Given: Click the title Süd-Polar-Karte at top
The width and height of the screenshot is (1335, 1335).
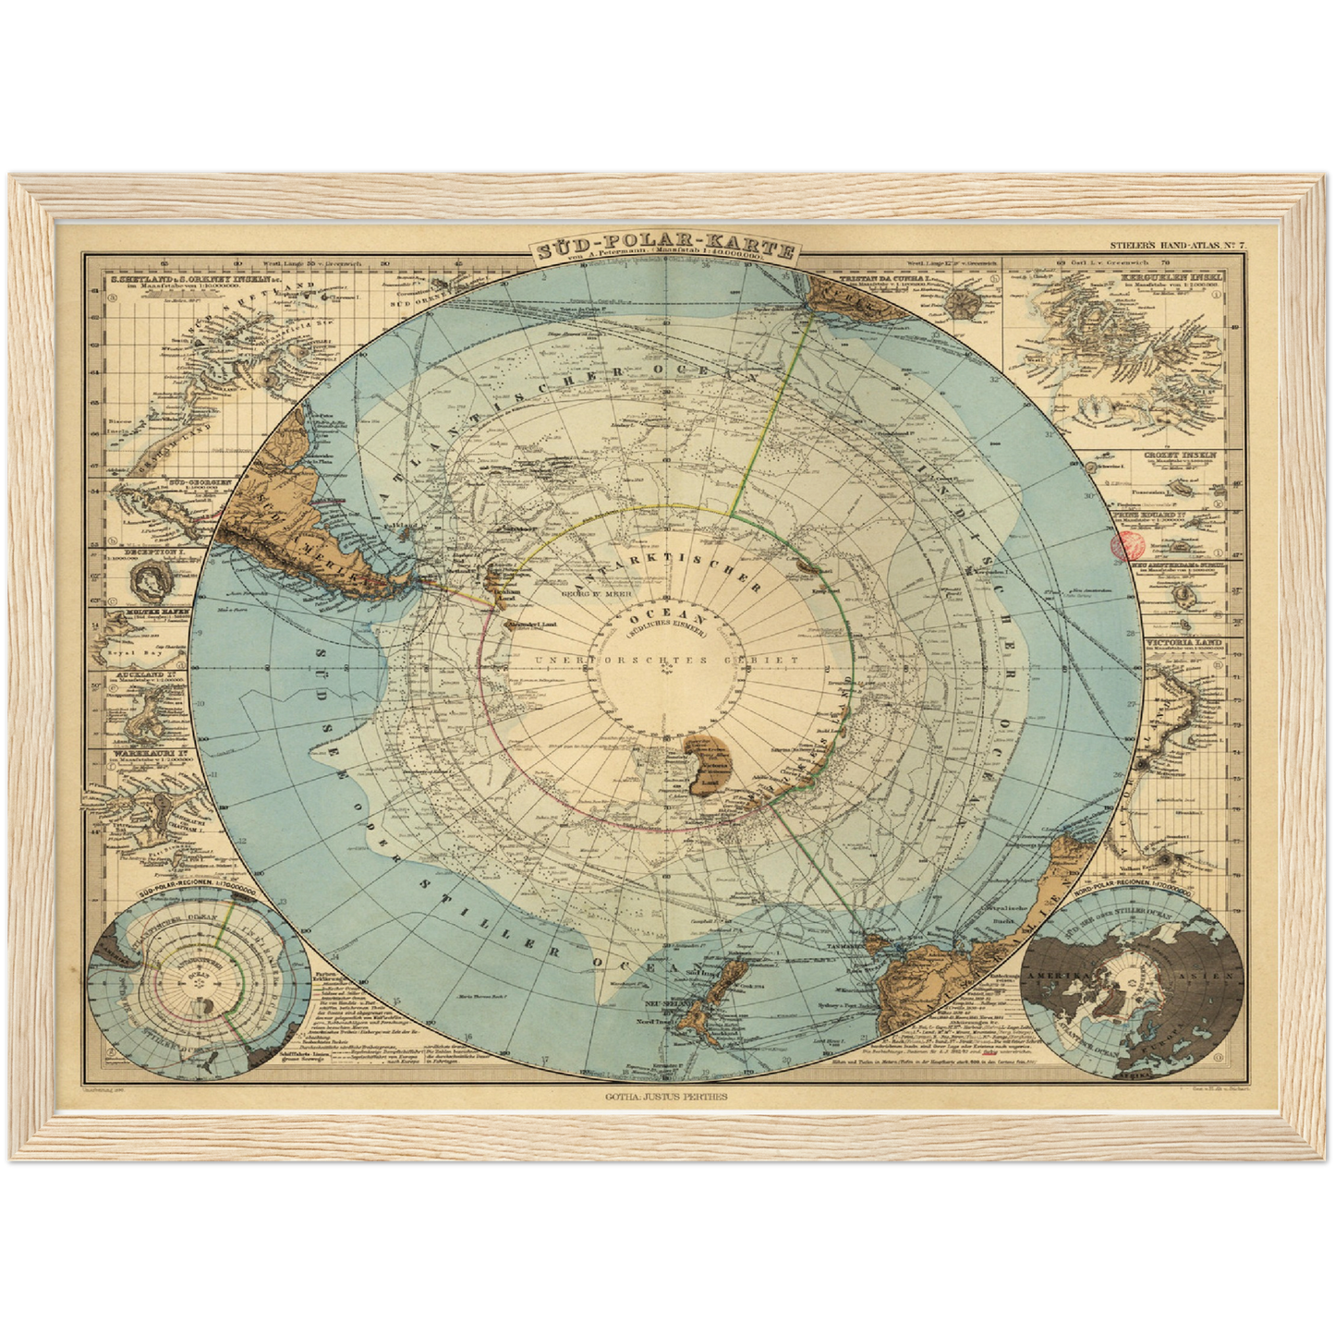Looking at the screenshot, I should tap(664, 250).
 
